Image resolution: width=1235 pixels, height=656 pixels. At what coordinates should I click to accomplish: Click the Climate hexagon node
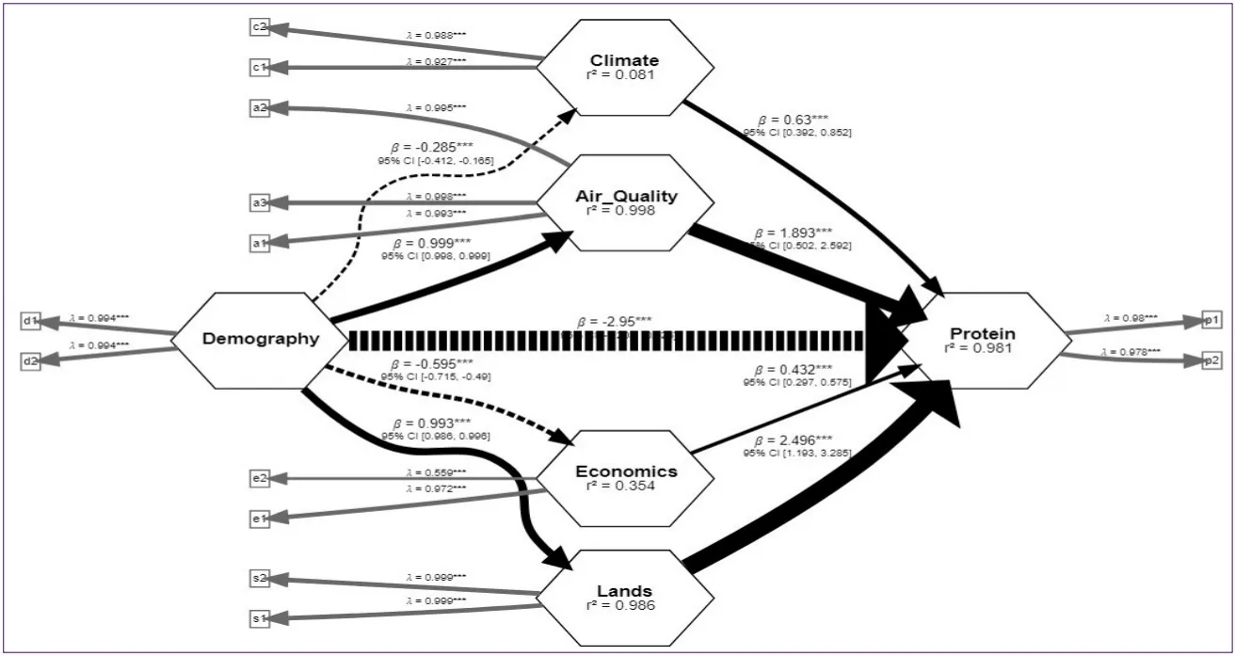point(617,66)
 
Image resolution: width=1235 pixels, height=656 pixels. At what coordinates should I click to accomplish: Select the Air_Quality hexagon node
point(617,202)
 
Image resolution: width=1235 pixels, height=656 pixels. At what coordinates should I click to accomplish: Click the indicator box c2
point(260,26)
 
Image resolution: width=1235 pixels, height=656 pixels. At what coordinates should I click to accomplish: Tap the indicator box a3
point(260,201)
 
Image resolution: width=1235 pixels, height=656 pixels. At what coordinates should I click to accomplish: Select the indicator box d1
point(29,321)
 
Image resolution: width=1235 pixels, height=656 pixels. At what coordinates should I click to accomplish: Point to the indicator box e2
point(260,478)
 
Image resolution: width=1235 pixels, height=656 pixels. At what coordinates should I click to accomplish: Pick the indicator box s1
point(260,618)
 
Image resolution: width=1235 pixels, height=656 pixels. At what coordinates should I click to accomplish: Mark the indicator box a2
point(260,107)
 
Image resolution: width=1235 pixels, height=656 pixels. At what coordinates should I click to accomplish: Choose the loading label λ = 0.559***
point(435,472)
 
